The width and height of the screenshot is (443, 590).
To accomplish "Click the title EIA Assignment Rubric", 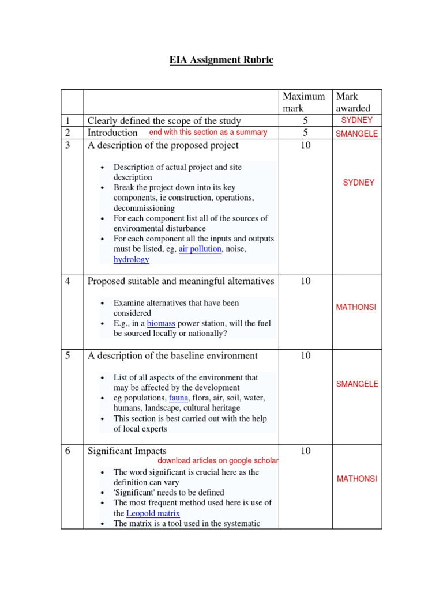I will (x=221, y=60).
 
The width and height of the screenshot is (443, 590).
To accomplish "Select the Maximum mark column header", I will (x=303, y=102).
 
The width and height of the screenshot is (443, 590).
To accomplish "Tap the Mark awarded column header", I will (x=353, y=102).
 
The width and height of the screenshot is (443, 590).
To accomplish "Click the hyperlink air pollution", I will (x=200, y=249).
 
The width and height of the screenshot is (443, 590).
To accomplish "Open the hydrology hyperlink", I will (x=131, y=259).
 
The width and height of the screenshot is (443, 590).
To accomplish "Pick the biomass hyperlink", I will (x=161, y=323).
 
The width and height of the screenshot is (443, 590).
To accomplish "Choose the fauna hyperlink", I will (x=179, y=398).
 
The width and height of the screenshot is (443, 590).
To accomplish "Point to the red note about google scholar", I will (x=218, y=461).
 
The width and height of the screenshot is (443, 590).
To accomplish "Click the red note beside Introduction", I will (x=208, y=133).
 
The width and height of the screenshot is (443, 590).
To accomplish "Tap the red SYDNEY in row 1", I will (x=356, y=120).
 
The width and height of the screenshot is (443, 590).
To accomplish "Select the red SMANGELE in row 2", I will (x=356, y=134).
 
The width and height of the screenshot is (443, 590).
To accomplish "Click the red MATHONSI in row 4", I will (x=356, y=307).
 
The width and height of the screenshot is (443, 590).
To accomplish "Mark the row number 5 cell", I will (x=68, y=356).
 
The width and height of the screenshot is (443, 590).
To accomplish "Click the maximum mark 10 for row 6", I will (x=305, y=451).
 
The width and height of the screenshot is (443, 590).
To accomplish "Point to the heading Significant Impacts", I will (x=126, y=451).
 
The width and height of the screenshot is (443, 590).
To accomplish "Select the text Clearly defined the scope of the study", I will (x=164, y=121).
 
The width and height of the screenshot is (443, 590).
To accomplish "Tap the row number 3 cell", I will (x=68, y=146).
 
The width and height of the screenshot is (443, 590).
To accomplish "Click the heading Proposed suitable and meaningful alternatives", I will (x=181, y=281).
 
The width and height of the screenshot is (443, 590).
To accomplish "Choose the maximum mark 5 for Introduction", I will (x=305, y=133).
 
